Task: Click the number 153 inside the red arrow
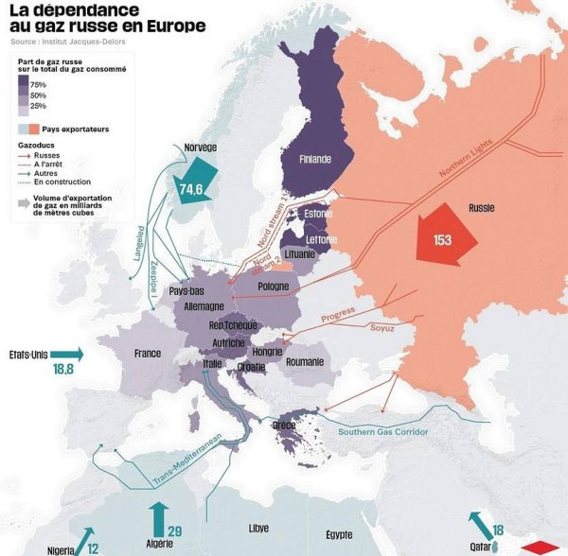click(x=442, y=239)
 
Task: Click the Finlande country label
click(x=315, y=160)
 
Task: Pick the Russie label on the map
click(x=482, y=207)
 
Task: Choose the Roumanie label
click(x=303, y=362)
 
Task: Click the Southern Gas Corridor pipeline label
click(x=383, y=432)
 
